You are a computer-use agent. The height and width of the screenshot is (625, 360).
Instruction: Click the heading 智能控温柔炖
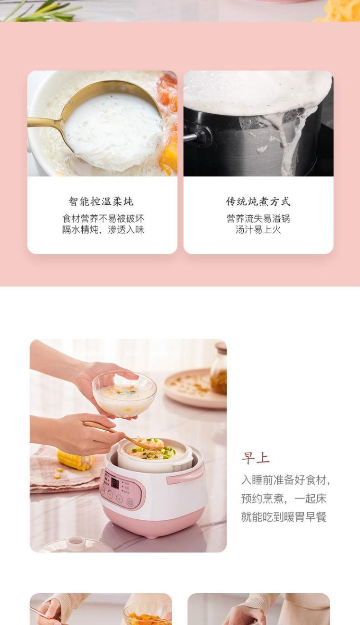click(101, 201)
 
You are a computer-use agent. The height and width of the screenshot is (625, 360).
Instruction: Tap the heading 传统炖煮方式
click(258, 201)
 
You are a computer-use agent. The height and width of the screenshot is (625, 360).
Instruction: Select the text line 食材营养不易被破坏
click(103, 218)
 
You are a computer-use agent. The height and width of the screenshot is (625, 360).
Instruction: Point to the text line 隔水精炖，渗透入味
click(103, 230)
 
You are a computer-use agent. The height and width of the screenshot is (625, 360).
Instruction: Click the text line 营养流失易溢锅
click(258, 218)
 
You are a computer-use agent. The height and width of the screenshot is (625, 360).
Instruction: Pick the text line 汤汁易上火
click(258, 230)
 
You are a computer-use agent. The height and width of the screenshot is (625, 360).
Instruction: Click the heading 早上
click(255, 458)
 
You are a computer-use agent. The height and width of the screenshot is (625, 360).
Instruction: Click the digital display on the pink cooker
click(115, 483)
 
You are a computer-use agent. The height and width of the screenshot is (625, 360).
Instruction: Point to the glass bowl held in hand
click(124, 394)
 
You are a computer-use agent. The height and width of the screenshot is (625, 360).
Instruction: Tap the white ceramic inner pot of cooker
click(155, 454)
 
